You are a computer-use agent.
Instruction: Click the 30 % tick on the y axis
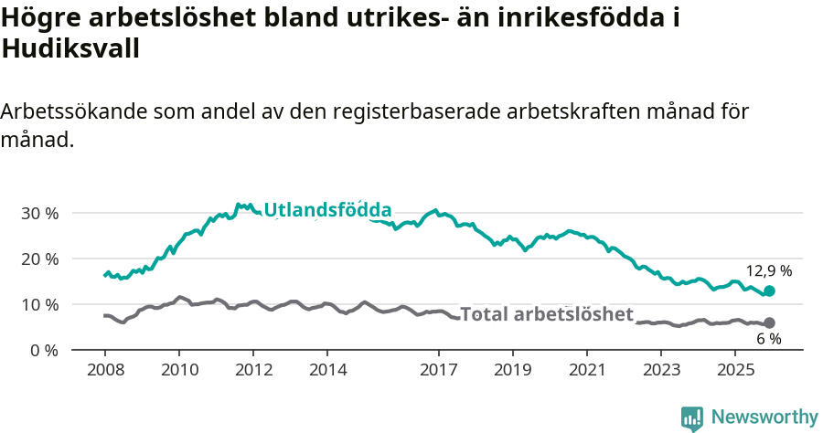38,213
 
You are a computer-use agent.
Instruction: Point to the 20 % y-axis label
38,259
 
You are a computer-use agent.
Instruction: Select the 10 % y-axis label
38,304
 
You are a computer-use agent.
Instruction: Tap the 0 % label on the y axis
43,350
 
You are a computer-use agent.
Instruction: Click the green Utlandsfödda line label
327,210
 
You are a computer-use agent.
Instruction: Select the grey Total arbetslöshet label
546,315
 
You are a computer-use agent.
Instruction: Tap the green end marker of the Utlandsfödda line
769,290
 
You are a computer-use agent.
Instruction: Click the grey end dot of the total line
769,322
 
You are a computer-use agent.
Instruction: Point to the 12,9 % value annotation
768,271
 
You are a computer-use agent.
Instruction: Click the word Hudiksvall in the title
70,49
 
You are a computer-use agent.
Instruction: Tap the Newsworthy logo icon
692,418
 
